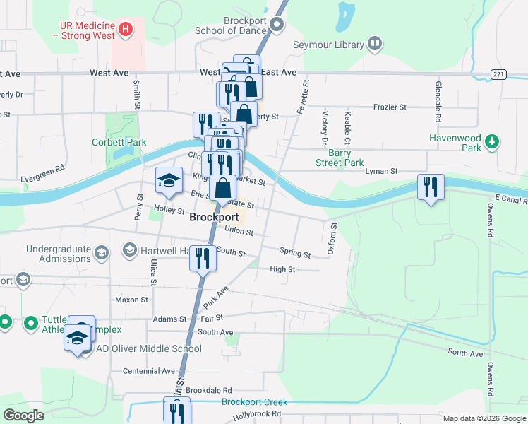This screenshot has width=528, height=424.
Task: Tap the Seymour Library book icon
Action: click(x=375, y=45)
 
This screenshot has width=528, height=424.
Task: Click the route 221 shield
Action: click(x=499, y=73)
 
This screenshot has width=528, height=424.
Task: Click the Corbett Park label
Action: click(x=119, y=142)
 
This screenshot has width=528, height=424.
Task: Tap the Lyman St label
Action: click(x=382, y=171)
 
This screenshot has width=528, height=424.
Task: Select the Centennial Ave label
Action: click(x=148, y=371)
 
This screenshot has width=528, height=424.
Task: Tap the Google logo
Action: click(x=23, y=416)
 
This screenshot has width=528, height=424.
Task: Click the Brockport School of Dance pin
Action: click(x=277, y=25)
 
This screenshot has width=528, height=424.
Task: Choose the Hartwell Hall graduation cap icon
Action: click(x=129, y=249)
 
